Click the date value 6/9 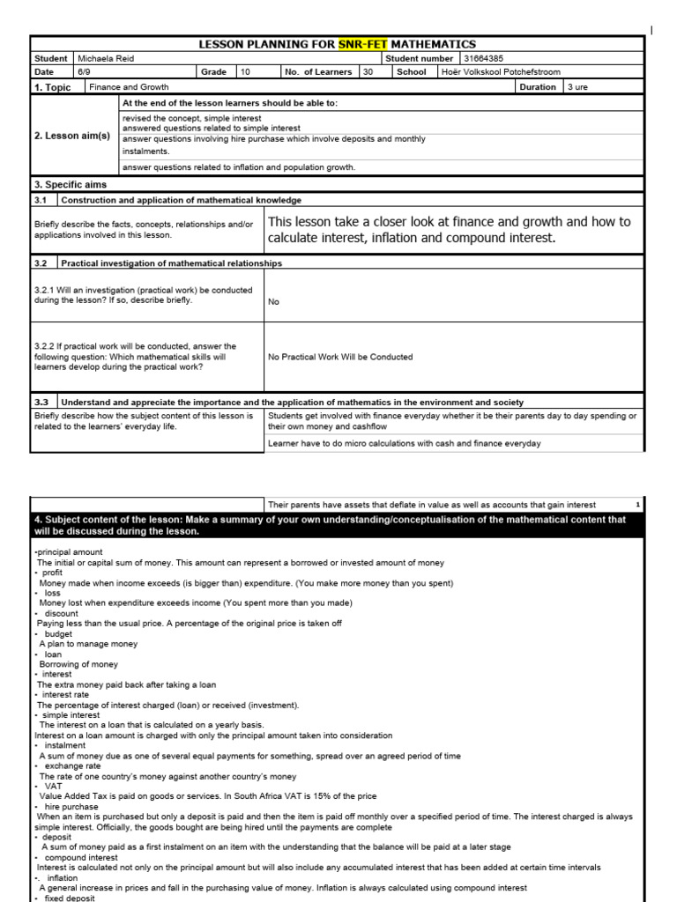point(85,72)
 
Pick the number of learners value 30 point(368,72)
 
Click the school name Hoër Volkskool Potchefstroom point(501,72)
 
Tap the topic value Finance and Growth point(129,87)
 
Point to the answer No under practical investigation point(273,301)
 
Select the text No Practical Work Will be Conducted point(340,357)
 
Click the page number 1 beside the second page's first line point(637,505)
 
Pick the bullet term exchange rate point(72,766)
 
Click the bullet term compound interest point(79,857)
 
